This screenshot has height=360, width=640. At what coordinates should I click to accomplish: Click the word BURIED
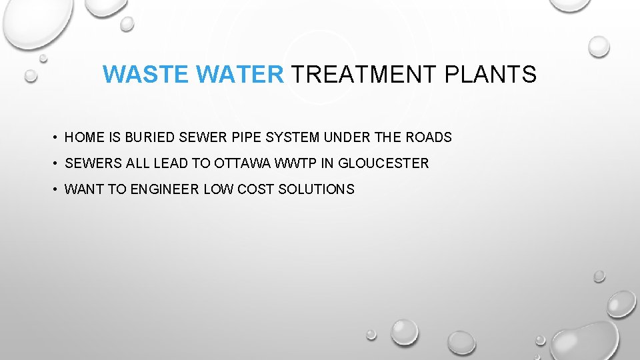[x=150, y=138]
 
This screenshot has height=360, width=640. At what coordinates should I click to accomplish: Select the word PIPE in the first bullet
[x=246, y=138]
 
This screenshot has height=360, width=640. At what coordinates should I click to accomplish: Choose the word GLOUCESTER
[x=383, y=163]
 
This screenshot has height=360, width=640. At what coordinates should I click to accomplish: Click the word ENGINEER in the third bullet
[x=165, y=189]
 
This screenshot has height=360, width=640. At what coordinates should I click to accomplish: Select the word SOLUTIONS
[x=316, y=189]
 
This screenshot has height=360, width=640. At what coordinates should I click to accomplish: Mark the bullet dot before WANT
[x=54, y=189]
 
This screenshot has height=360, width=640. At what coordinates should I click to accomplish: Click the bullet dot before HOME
[x=54, y=138]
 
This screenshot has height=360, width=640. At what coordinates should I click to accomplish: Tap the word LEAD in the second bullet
[x=168, y=163]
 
